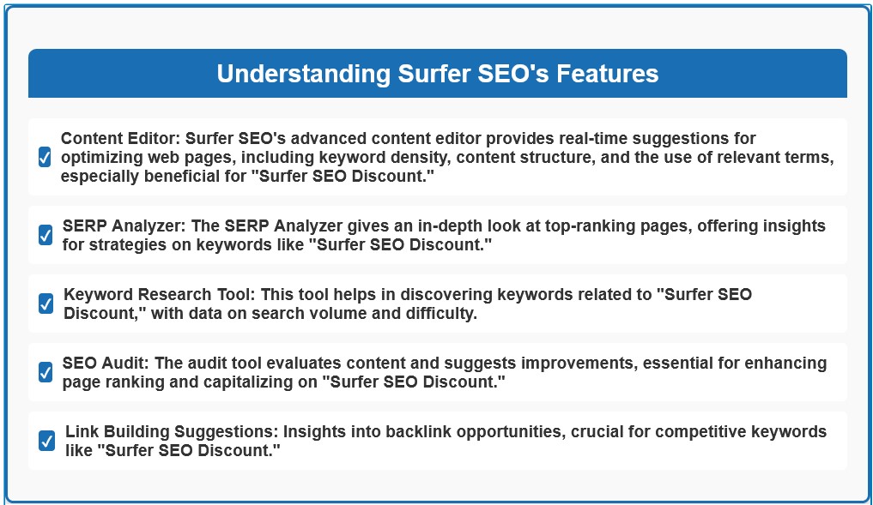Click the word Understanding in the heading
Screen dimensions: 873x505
click(304, 74)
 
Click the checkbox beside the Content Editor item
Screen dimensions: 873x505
click(45, 157)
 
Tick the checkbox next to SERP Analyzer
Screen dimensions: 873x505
click(45, 235)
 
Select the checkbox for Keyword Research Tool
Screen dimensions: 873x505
click(45, 304)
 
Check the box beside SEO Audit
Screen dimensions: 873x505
click(45, 372)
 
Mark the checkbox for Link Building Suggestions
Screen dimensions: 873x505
click(46, 441)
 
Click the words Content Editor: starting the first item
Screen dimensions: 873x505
click(120, 139)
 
